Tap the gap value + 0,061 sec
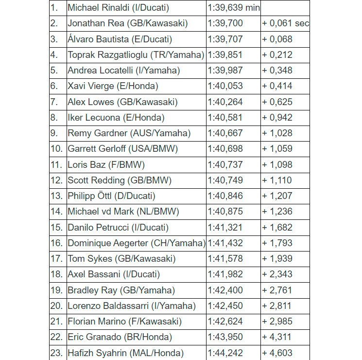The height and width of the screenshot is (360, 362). (x=285, y=23)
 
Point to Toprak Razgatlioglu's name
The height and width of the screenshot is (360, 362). (x=136, y=55)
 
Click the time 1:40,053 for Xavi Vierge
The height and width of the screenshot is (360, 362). (x=225, y=86)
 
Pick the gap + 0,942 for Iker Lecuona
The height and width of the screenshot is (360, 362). (x=277, y=118)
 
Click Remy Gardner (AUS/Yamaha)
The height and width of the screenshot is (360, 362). (x=129, y=133)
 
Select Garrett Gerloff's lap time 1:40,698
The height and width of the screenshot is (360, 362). (x=225, y=149)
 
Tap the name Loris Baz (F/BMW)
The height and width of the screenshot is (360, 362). (x=106, y=165)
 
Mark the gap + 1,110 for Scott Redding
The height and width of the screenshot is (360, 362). (x=277, y=180)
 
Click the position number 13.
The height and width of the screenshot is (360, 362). (x=56, y=196)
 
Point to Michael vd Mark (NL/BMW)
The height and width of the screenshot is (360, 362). (x=123, y=212)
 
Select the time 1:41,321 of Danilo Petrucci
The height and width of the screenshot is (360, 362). (x=225, y=228)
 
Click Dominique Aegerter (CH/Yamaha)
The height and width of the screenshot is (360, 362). (x=137, y=243)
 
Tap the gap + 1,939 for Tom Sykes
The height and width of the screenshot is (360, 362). (x=277, y=259)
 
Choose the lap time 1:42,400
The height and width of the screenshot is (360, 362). (x=225, y=290)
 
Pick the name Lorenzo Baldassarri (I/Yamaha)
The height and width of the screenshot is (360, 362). (x=132, y=306)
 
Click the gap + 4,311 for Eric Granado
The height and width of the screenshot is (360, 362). (x=277, y=337)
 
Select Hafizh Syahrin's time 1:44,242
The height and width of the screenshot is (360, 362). (x=225, y=353)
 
